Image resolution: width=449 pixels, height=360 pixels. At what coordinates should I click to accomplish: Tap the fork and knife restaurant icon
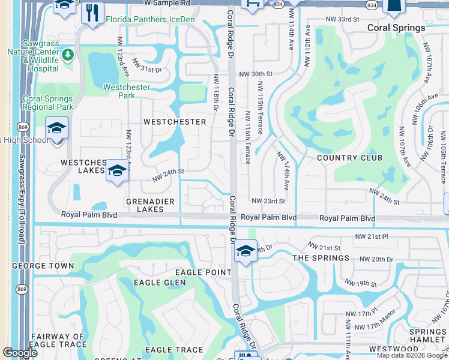pyautogui.click(x=92, y=13)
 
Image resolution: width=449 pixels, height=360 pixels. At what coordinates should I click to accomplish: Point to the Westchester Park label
pyautogui.click(x=127, y=91)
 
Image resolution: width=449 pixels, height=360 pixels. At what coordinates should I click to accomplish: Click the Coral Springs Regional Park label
pyautogui.click(x=47, y=103)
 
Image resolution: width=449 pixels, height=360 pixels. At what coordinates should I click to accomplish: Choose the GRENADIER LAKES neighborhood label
pyautogui.click(x=145, y=205)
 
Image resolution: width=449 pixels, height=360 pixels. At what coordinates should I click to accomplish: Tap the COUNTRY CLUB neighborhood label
pyautogui.click(x=349, y=158)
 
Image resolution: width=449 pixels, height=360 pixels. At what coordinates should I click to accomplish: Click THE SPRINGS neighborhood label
pyautogui.click(x=321, y=258)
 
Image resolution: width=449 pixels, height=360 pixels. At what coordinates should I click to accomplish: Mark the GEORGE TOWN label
pyautogui.click(x=43, y=265)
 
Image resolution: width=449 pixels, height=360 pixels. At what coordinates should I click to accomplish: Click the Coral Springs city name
pyautogui.click(x=396, y=28)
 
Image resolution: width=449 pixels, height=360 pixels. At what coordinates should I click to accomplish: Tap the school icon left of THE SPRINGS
pyautogui.click(x=246, y=251)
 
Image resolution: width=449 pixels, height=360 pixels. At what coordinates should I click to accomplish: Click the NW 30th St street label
pyautogui.click(x=256, y=74)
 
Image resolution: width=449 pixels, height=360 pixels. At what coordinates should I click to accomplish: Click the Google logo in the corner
pyautogui.click(x=20, y=353)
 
